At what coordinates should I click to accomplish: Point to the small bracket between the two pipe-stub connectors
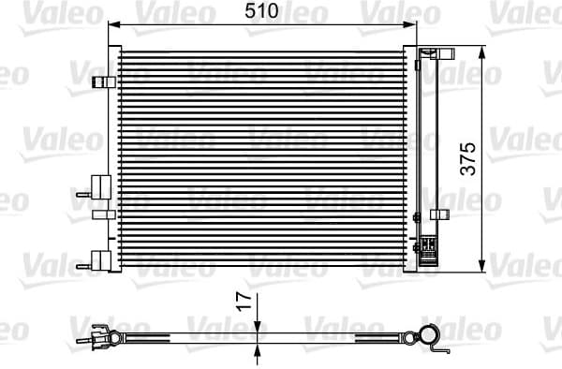coord(102,215)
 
